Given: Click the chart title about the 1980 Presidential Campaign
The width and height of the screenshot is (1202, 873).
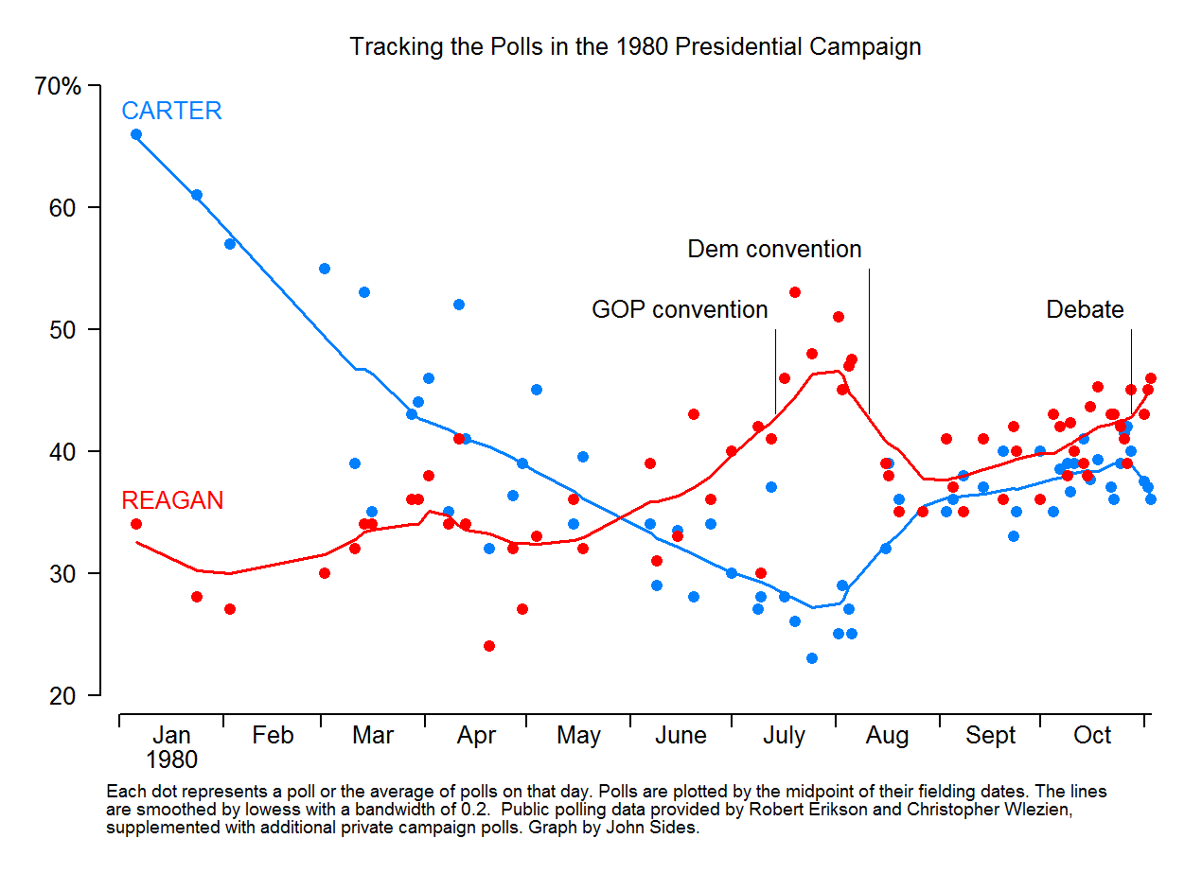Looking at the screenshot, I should tap(635, 46).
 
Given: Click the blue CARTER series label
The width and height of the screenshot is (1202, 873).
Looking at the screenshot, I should tap(171, 111).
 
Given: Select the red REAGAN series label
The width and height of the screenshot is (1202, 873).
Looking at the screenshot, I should tap(172, 500).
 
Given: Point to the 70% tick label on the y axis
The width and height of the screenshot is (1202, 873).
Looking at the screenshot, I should tap(58, 87).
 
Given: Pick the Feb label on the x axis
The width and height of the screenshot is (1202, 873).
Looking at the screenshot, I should tap(273, 735).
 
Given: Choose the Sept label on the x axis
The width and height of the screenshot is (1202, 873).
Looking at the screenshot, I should tap(990, 735).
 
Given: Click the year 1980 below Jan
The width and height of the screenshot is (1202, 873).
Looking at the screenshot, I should tap(171, 760).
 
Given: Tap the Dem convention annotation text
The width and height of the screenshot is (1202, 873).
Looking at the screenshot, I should tap(774, 250).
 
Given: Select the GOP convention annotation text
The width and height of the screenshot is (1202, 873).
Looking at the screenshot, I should tap(680, 309).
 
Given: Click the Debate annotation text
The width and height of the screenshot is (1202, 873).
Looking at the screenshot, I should tap(1085, 309).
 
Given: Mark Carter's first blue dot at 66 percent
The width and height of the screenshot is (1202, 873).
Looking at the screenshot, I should tap(136, 134).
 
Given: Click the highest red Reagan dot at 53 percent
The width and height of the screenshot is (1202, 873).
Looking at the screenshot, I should tap(795, 292).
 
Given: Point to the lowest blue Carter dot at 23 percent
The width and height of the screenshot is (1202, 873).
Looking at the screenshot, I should tap(811, 658).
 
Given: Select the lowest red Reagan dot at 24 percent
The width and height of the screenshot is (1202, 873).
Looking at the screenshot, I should tap(489, 646).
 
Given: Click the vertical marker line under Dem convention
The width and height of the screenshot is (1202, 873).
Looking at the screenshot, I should tap(869, 340).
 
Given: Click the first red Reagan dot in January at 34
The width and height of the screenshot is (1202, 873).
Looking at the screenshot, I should tap(136, 524).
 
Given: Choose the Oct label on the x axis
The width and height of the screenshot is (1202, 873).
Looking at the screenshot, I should tap(1092, 735).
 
